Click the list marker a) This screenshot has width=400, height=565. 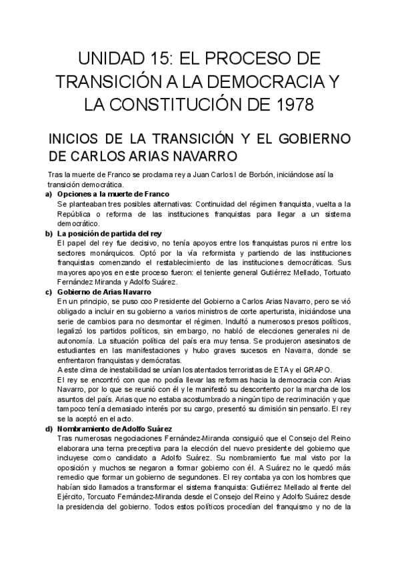tap(49, 194)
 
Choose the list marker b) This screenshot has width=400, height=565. tap(49, 234)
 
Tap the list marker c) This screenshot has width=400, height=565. tap(49, 292)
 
